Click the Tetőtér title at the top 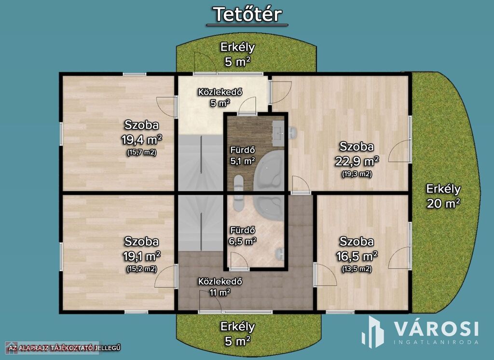click(247, 14)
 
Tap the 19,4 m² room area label click(142, 139)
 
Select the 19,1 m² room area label click(142, 256)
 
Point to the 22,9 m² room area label click(357, 161)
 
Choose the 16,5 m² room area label click(357, 256)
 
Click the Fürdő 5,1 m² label click(243, 155)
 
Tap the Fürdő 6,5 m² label click(243, 235)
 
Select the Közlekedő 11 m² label click(220, 287)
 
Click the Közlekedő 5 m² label click(220, 97)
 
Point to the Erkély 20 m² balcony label click(443, 196)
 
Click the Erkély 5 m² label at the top click(237, 54)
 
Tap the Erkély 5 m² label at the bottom click(237, 333)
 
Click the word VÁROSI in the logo click(436, 329)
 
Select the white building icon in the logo click(372, 332)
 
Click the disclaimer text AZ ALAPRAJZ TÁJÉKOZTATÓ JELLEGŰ click(65, 348)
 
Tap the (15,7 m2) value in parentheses click(142, 152)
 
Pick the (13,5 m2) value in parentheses click(357, 269)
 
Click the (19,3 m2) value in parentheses click(357, 174)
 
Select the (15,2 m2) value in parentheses click(142, 269)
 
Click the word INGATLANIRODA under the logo click(436, 342)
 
